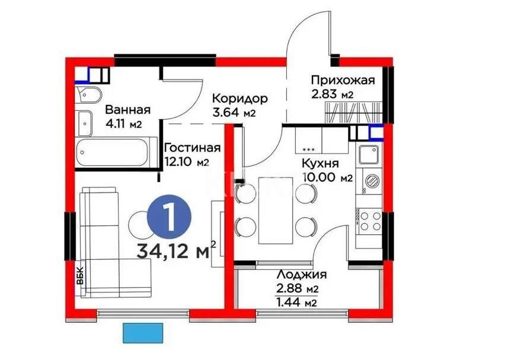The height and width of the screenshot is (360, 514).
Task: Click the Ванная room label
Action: click(x=128, y=110)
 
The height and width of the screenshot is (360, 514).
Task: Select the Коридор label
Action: click(x=240, y=98)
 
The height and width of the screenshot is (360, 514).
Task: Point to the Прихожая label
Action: click(x=343, y=81)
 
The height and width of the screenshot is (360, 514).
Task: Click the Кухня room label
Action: click(x=320, y=164)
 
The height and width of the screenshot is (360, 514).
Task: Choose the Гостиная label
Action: click(x=192, y=148)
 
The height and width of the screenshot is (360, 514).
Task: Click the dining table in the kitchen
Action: click(x=277, y=210)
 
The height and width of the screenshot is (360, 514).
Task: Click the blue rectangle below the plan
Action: click(x=143, y=332)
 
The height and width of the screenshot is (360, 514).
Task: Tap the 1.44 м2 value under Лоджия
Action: click(x=295, y=303)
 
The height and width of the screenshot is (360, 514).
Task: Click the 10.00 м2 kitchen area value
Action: click(x=327, y=177)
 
